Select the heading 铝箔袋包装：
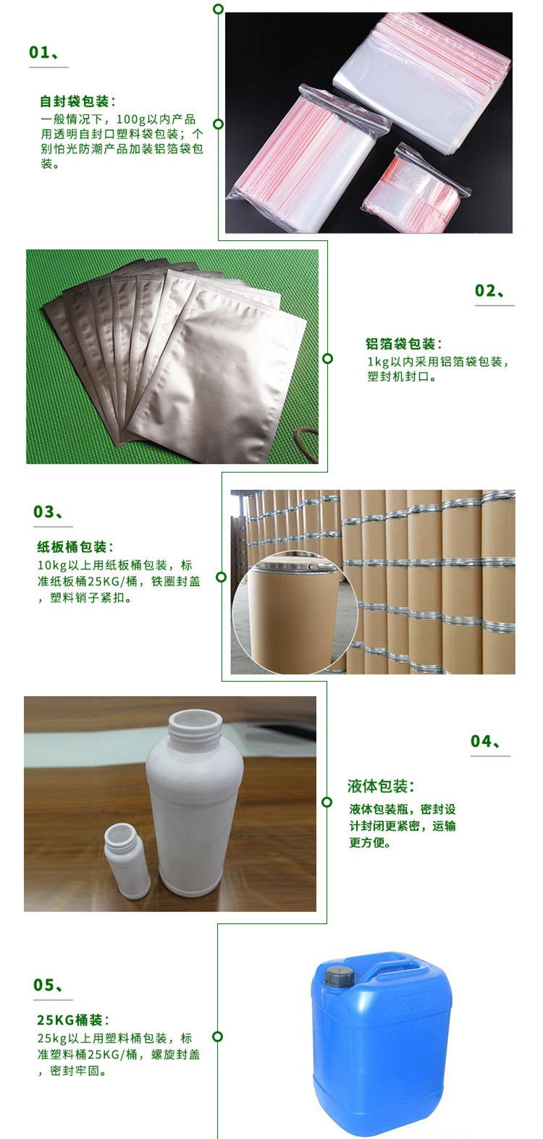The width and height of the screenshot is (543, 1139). click(404, 345)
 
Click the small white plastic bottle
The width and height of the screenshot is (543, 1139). click(127, 860)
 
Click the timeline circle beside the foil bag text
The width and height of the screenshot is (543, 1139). click(327, 358)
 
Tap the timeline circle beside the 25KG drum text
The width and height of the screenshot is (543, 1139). click(217, 1036)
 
